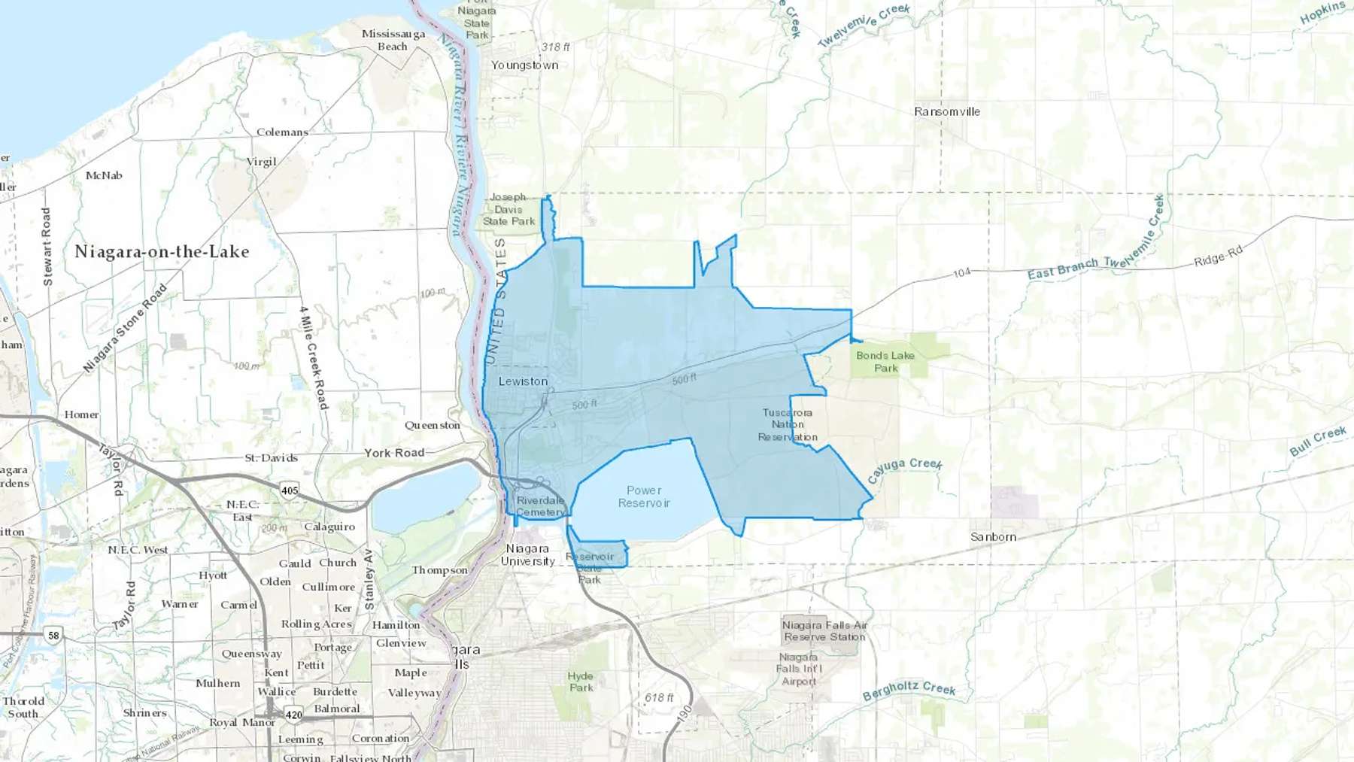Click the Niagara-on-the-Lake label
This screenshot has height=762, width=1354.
pyautogui.click(x=162, y=252)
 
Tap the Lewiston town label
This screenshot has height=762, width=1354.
pyautogui.click(x=523, y=381)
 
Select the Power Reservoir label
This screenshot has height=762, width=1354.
pyautogui.click(x=644, y=496)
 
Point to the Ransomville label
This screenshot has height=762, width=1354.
pyautogui.click(x=947, y=111)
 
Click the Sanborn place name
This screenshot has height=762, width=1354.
pyautogui.click(x=993, y=537)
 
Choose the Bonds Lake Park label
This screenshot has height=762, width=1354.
pyautogui.click(x=885, y=362)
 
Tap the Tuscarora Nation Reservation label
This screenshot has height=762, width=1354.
pyautogui.click(x=788, y=425)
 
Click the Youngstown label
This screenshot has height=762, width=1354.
pyautogui.click(x=525, y=65)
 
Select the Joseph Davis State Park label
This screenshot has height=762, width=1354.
pyautogui.click(x=509, y=209)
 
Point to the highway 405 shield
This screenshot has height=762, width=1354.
pyautogui.click(x=290, y=490)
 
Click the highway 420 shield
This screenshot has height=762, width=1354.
pyautogui.click(x=293, y=715)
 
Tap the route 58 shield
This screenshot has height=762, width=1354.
pyautogui.click(x=53, y=636)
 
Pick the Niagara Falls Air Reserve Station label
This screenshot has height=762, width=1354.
pyautogui.click(x=824, y=630)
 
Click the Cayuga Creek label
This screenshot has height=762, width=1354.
pyautogui.click(x=904, y=469)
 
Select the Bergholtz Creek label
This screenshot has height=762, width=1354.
pyautogui.click(x=909, y=690)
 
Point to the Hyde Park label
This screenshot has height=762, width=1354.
pyautogui.click(x=581, y=682)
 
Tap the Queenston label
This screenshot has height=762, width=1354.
pyautogui.click(x=433, y=425)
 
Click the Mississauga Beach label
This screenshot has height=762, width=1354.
pyautogui.click(x=393, y=40)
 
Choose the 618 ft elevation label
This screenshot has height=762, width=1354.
pyautogui.click(x=659, y=698)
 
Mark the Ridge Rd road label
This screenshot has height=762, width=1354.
pyautogui.click(x=1219, y=257)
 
